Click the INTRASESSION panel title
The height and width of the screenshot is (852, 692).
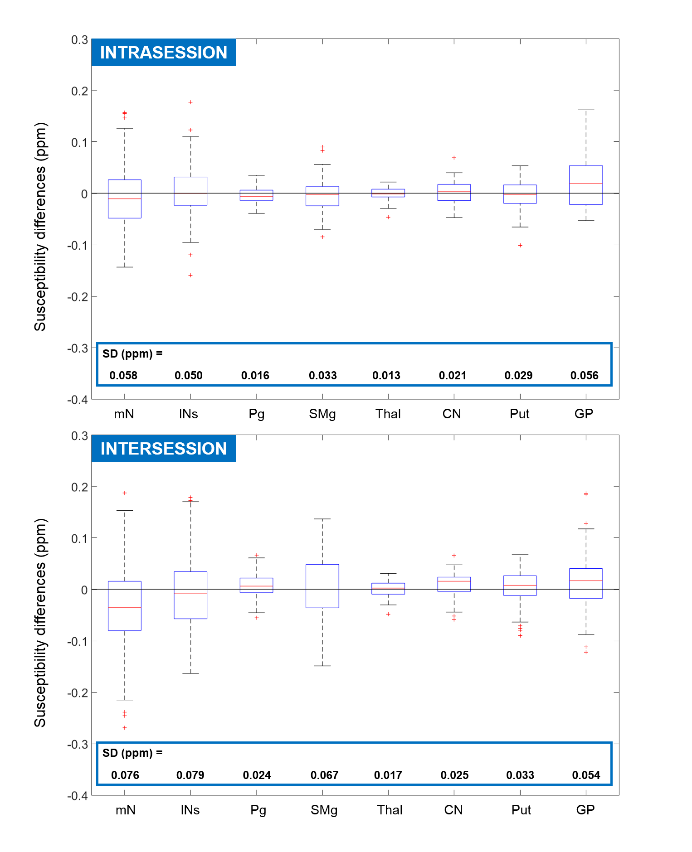coord(163,53)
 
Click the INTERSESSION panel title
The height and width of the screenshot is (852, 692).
coord(163,449)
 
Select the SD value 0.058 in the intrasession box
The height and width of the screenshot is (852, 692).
coord(123,375)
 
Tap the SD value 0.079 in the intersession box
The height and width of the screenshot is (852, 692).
coord(190,775)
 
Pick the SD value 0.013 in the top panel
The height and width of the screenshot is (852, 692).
coord(386,375)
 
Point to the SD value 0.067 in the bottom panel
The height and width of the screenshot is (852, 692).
coord(324,775)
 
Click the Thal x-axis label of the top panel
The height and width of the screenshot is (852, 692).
coord(388,414)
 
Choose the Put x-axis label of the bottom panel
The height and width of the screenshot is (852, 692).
coord(521,810)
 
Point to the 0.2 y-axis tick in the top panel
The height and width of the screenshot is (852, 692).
coord(79,91)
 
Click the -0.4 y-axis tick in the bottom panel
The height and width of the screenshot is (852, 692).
coord(78,796)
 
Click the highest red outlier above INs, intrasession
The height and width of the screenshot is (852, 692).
coord(190,102)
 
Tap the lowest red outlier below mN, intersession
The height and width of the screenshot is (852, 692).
coord(125,728)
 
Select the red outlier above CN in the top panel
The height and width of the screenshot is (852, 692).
coord(454,158)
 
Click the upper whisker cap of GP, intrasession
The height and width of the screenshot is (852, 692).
coord(586,110)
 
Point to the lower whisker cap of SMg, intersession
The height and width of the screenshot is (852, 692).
coord(322,666)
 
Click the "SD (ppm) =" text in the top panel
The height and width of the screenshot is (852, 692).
coord(132,353)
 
